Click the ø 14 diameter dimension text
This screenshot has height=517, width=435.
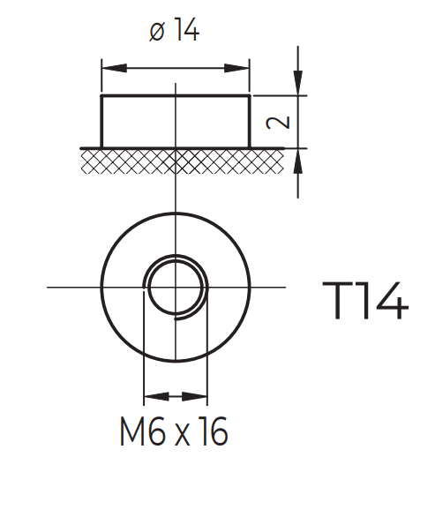coord(174,30)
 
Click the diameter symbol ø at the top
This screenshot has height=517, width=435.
coord(157,33)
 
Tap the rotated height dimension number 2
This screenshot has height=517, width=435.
coord(278,123)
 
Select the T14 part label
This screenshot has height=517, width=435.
coord(365,300)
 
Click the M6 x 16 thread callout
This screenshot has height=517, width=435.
coord(174,431)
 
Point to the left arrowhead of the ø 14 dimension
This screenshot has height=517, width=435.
coord(115,68)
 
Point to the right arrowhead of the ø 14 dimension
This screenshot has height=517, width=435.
coord(236,68)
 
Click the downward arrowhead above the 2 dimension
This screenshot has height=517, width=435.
coord(298,83)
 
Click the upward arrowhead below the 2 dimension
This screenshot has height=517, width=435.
coord(298,161)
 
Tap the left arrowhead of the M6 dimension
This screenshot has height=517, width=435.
coord(157,396)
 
